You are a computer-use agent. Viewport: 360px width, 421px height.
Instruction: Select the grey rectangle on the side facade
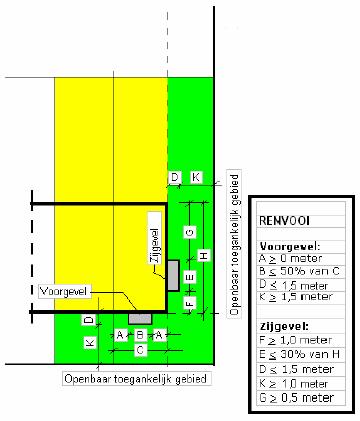click(x=171, y=273)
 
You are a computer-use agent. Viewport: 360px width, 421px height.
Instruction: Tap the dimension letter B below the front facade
click(x=141, y=334)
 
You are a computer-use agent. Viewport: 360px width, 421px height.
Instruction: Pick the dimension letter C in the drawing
click(x=141, y=350)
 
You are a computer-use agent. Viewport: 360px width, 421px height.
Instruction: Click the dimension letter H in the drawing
click(x=204, y=257)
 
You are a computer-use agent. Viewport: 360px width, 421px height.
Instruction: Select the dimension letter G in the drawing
click(x=189, y=233)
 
